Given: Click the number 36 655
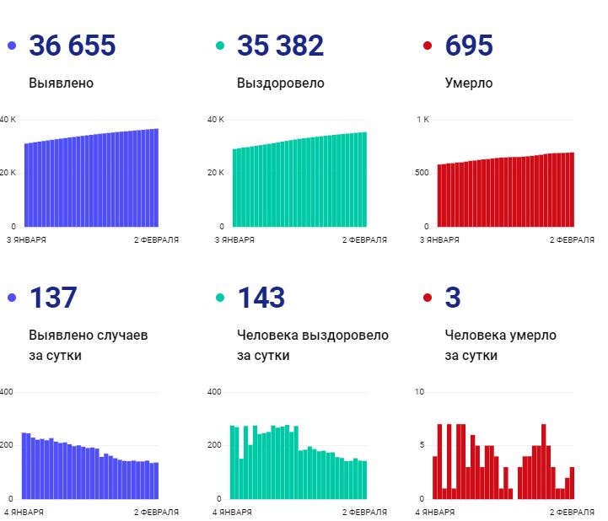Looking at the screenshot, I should click(x=72, y=46).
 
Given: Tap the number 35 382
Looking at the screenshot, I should click(x=280, y=46).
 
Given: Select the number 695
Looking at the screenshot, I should click(x=470, y=46).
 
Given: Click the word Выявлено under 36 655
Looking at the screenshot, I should click(x=61, y=83).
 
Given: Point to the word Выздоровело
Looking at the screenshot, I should click(x=280, y=83).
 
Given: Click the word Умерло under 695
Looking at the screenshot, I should click(x=469, y=83).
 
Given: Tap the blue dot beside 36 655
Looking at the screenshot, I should click(x=12, y=46).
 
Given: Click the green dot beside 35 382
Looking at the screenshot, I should click(x=220, y=46).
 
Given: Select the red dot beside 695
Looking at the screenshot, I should click(x=428, y=46).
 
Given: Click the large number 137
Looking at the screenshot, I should click(x=53, y=298).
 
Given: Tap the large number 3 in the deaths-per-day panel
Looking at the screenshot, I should click(x=454, y=298).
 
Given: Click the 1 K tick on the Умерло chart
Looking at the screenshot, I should click(x=422, y=120).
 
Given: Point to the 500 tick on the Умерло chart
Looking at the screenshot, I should click(x=422, y=173).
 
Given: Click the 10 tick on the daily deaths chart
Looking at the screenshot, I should click(x=420, y=392).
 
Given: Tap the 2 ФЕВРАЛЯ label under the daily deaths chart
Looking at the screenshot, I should click(x=572, y=512).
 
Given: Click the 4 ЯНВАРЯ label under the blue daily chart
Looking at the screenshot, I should click(x=24, y=512).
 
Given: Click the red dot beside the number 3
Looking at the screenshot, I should click(x=428, y=298).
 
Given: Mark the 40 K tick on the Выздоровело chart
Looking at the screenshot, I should click(x=216, y=120).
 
